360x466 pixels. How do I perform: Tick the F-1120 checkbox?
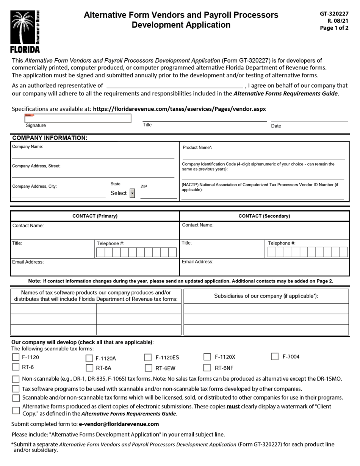16,357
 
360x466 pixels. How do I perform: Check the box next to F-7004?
275,356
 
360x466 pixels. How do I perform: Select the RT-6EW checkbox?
148,368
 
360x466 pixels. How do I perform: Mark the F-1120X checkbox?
207,357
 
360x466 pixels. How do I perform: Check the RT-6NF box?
207,367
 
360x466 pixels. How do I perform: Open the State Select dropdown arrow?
132,193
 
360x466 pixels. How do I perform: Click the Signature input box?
78,118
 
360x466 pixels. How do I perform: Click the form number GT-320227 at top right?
334,14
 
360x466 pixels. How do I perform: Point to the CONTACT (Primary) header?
95,216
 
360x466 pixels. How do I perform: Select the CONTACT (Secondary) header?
264,216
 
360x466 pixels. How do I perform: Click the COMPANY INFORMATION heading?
50,138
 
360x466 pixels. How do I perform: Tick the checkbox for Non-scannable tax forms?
16,379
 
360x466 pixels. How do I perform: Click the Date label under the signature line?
276,126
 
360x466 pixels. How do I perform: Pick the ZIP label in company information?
144,187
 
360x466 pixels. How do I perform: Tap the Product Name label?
197,147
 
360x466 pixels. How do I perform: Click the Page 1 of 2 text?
334,28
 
